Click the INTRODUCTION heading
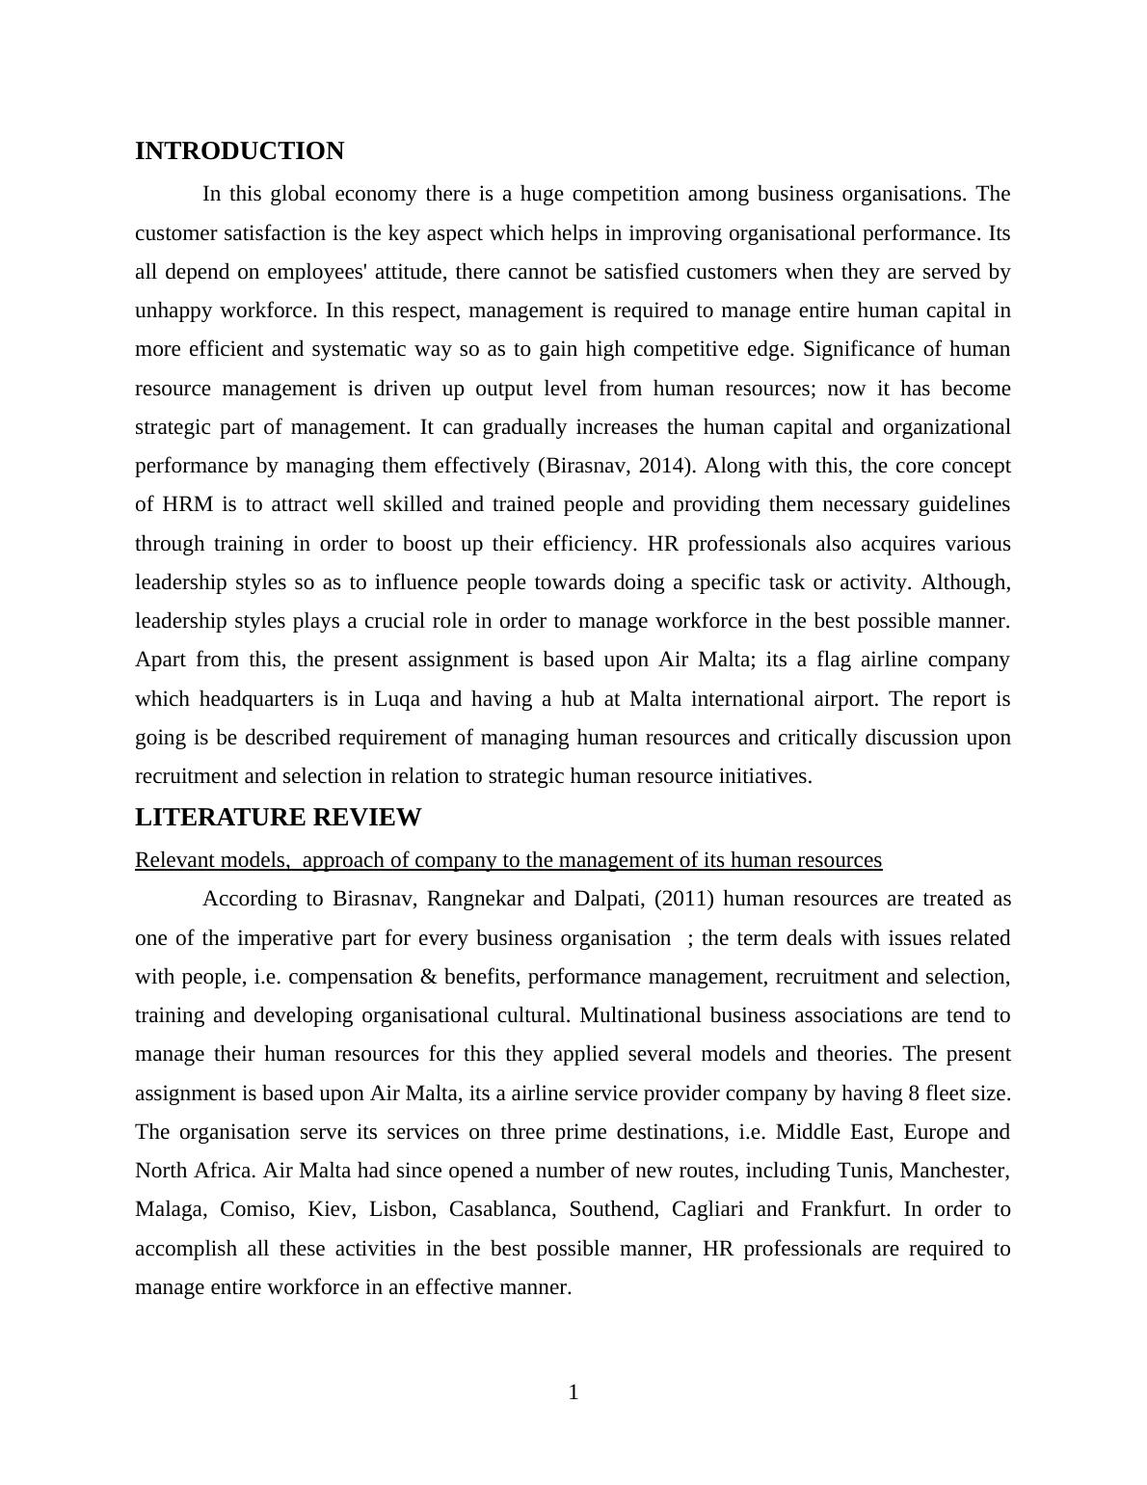pyautogui.click(x=239, y=151)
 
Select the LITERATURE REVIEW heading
pyautogui.click(x=278, y=818)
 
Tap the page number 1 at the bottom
pyautogui.click(x=573, y=1392)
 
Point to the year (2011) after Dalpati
pyautogui.click(x=683, y=899)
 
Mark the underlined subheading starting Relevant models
pyautogui.click(x=508, y=860)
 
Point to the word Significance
pyautogui.click(x=860, y=349)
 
